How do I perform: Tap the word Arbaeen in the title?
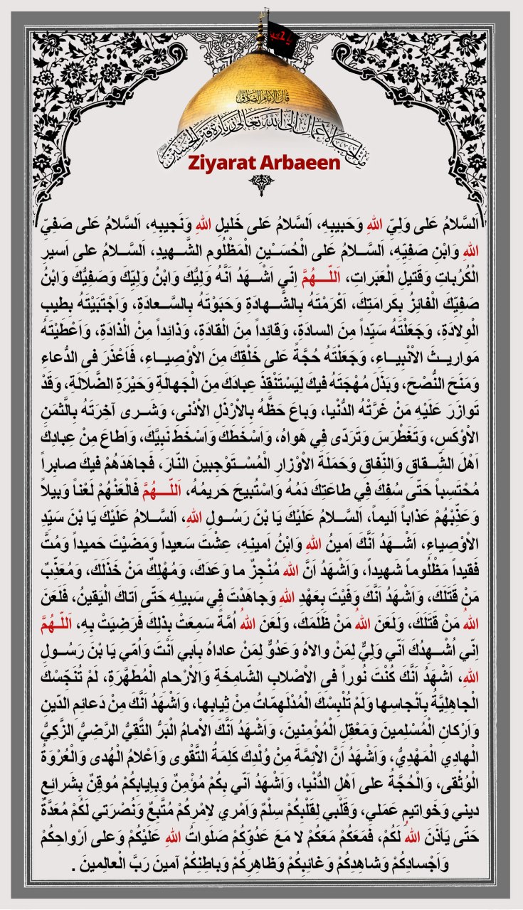[x=290, y=163]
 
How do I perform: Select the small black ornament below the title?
[x=260, y=185]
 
